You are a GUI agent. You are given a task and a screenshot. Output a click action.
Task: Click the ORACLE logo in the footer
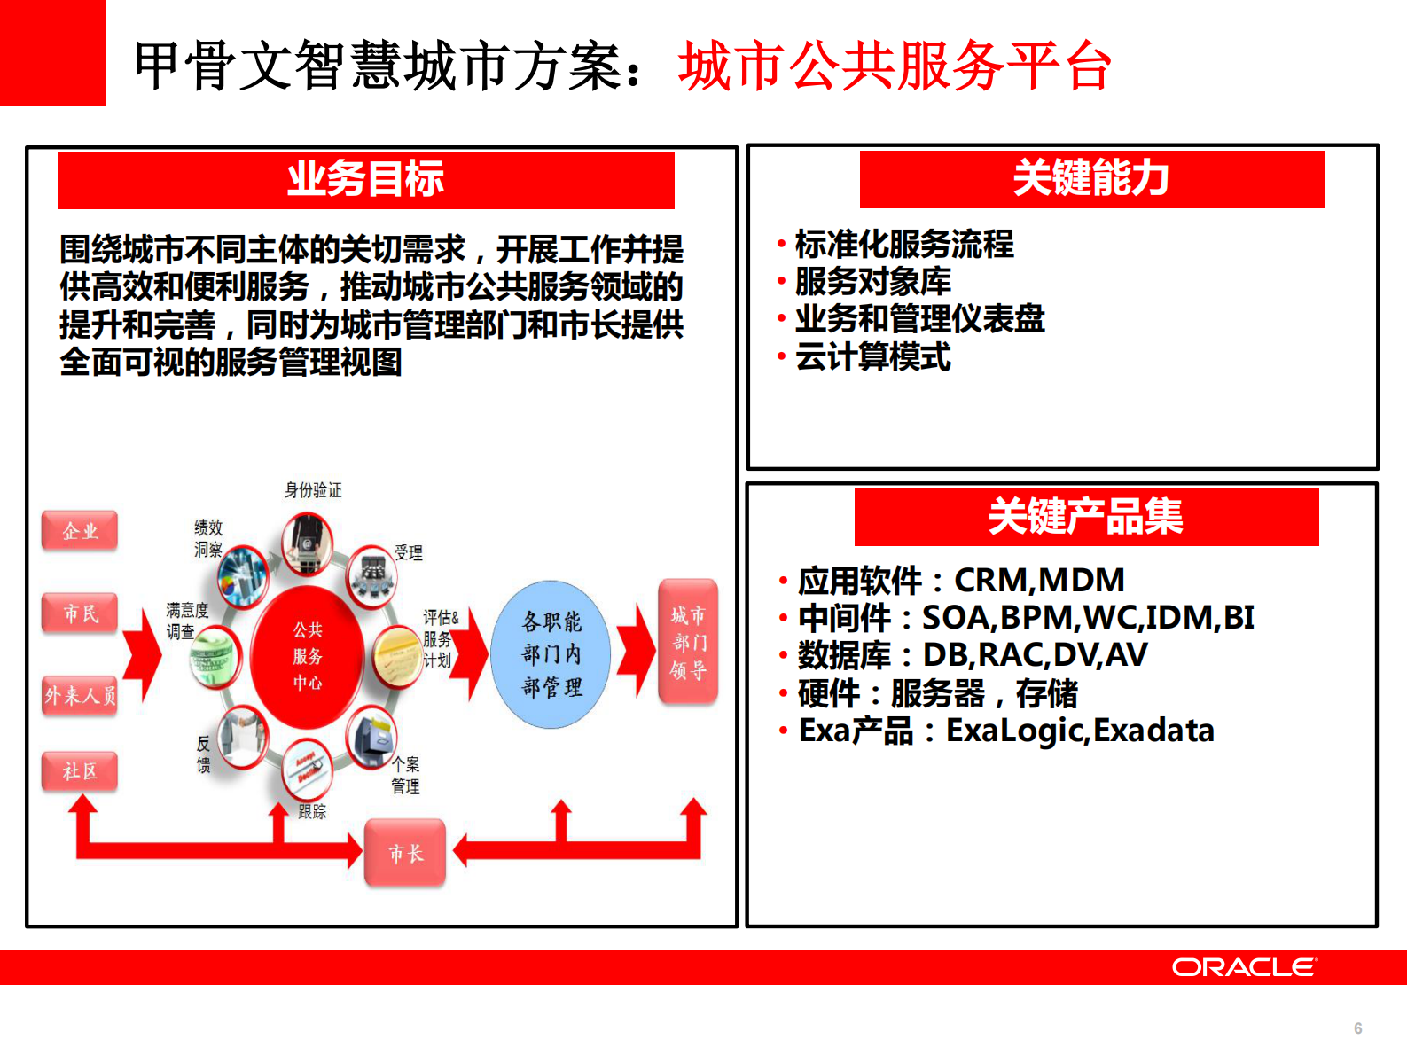point(1244,967)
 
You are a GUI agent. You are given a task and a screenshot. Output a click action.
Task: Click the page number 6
point(1357,1028)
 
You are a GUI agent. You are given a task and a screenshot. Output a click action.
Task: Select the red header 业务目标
point(365,180)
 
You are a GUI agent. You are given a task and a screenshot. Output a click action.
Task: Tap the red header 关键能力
point(1091,179)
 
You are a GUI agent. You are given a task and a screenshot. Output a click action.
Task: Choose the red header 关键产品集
point(1086,517)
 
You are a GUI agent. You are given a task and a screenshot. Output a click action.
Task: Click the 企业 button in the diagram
point(80,531)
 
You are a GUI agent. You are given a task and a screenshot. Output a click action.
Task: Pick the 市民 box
point(80,613)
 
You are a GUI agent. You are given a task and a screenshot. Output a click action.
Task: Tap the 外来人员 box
point(80,696)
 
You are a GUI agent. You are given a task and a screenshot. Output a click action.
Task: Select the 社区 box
point(80,771)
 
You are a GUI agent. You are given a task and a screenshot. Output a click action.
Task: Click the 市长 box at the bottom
point(405,854)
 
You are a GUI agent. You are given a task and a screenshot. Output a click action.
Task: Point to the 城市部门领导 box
point(688,642)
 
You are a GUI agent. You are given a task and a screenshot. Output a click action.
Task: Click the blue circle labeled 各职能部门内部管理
point(551,654)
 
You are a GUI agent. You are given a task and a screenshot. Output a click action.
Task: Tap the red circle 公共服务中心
point(308,656)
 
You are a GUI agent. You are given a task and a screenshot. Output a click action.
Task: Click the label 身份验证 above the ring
point(313,490)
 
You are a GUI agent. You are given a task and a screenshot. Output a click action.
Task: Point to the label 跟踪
point(312,811)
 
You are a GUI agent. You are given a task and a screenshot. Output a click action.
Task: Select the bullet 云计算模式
point(872,357)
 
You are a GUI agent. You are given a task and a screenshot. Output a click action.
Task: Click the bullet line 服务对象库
point(872,282)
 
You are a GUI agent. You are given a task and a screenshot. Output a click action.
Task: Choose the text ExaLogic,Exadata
point(1080,731)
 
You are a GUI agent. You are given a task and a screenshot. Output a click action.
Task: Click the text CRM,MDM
point(1039,581)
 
